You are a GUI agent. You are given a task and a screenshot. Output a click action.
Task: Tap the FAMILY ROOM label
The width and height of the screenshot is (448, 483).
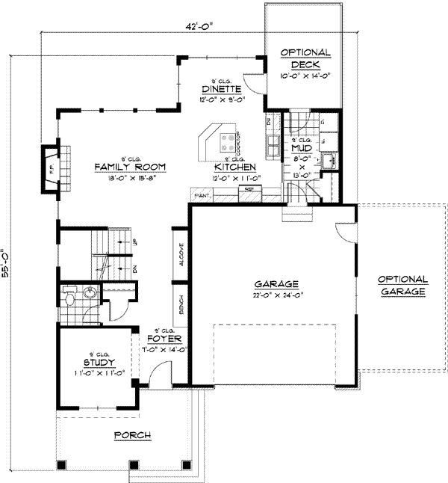(129, 167)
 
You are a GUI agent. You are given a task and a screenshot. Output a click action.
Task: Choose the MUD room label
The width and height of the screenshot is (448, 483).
(301, 149)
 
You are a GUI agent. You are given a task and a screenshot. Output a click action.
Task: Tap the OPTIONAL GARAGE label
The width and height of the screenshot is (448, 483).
(402, 284)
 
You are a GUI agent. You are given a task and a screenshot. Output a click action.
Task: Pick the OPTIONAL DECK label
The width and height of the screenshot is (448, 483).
(305, 58)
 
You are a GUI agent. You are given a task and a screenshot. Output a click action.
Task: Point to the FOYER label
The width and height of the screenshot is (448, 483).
(168, 338)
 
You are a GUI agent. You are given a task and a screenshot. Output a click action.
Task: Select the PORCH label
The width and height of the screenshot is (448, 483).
(132, 435)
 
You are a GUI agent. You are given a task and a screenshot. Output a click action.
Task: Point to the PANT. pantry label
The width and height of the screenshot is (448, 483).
(201, 195)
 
